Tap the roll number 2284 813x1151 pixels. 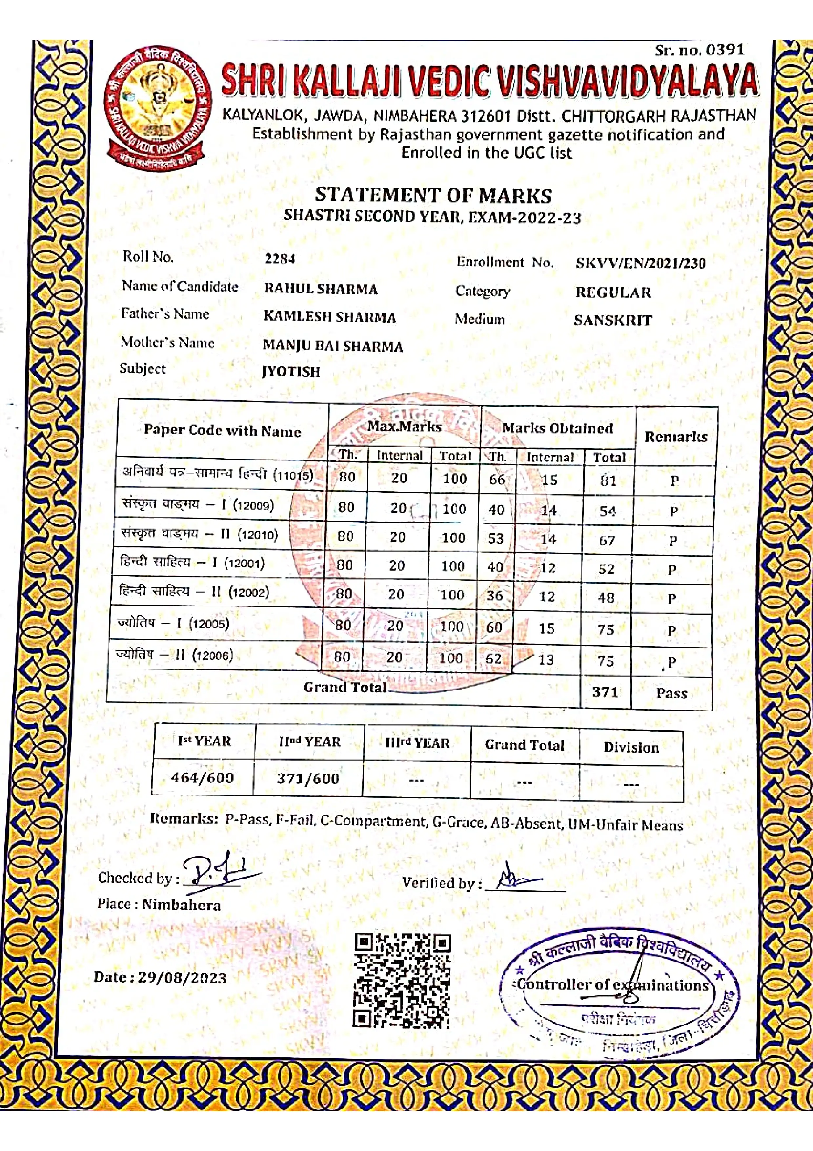(x=279, y=259)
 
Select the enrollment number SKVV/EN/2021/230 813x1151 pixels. (x=640, y=263)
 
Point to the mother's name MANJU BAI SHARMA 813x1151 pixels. (x=333, y=346)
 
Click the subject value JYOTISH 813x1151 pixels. (x=291, y=371)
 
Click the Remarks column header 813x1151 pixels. (x=676, y=437)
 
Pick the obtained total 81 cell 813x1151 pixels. (x=608, y=481)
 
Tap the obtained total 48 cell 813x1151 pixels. (x=606, y=597)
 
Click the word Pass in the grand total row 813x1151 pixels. (x=671, y=693)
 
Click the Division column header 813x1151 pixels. (x=631, y=747)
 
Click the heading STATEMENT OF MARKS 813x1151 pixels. (x=433, y=195)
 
